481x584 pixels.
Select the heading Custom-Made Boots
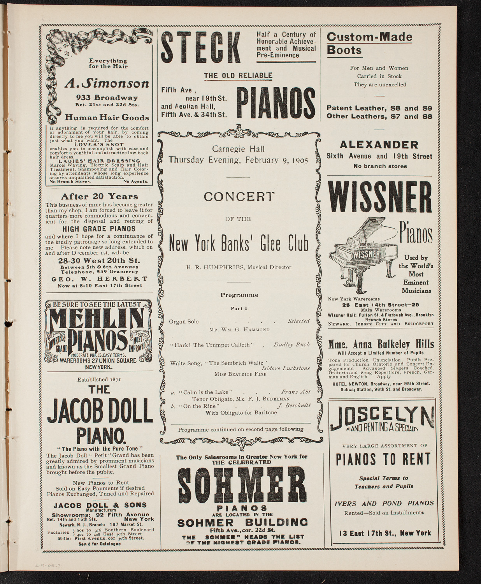click(x=369, y=44)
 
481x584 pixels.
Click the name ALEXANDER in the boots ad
click(x=379, y=145)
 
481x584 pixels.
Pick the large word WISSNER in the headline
click(x=381, y=197)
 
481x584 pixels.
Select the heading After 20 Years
click(x=100, y=197)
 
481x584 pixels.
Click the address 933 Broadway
click(x=100, y=98)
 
